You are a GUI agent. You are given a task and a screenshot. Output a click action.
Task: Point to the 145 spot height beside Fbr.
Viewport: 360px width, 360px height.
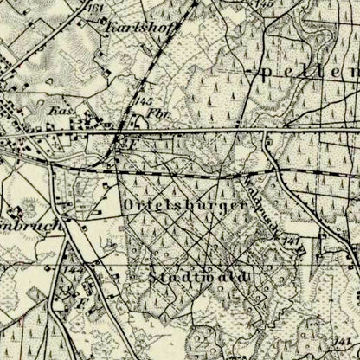coord(145,101)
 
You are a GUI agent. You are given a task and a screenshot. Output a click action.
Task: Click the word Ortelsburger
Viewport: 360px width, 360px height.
coord(185,206)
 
